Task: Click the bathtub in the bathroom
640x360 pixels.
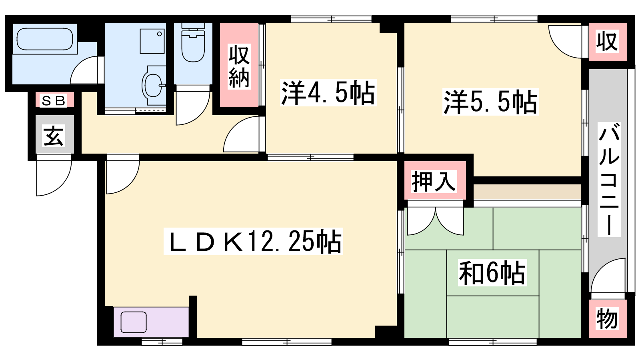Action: [44, 39]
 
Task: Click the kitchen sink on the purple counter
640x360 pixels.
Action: [134, 322]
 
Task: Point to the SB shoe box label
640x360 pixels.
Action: [54, 100]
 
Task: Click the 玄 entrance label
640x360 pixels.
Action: [54, 136]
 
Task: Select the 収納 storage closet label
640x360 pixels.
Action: [239, 66]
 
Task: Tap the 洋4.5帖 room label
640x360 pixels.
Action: [328, 93]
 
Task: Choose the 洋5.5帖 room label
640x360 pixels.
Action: [490, 102]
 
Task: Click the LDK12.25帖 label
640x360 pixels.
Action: [253, 242]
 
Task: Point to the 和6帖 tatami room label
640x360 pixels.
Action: [492, 272]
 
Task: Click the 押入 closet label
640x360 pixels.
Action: [434, 181]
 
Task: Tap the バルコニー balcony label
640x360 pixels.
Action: [609, 180]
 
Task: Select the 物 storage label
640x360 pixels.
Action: [607, 319]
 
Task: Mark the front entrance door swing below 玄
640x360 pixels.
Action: [54, 175]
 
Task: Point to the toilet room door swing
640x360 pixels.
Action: [193, 106]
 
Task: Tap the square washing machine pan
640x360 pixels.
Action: [152, 41]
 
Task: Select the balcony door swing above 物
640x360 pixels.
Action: [608, 276]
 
